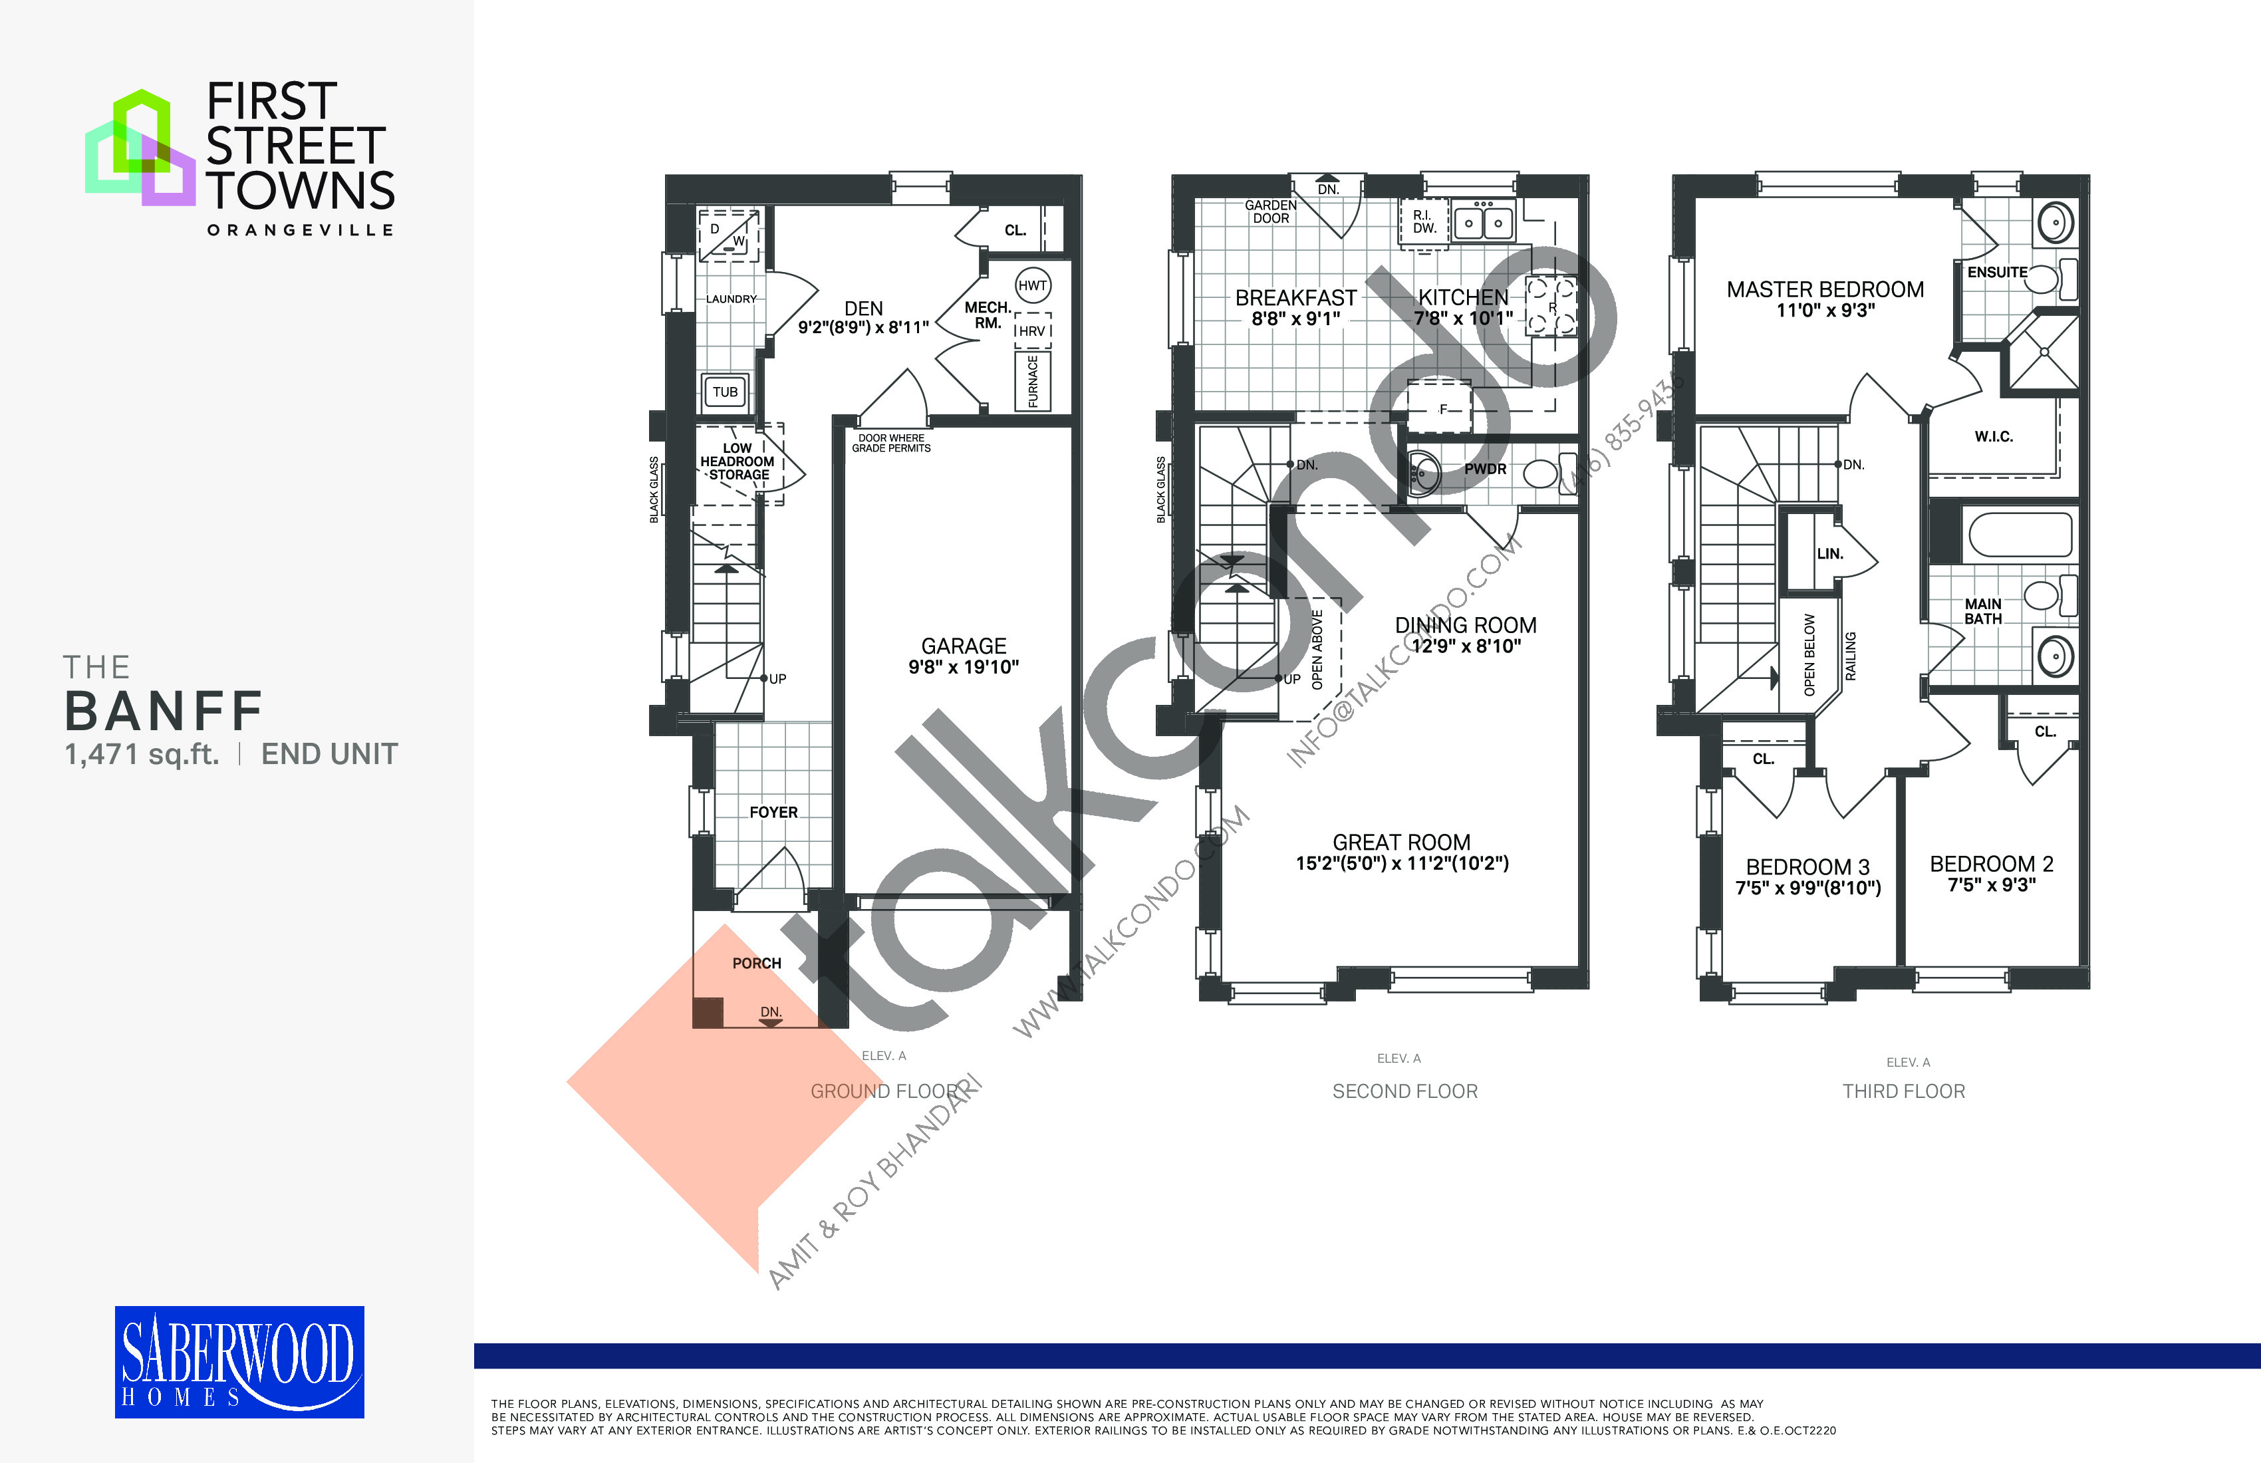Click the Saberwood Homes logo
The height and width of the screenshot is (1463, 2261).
pos(239,1361)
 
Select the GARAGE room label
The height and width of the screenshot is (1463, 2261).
pos(964,646)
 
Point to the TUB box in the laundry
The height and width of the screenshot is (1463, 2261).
pos(725,392)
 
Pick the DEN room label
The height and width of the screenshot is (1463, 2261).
pos(864,309)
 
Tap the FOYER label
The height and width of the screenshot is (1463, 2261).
pos(773,812)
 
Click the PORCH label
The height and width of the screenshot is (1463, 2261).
pos(756,964)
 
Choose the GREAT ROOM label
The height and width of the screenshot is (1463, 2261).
pos(1401,843)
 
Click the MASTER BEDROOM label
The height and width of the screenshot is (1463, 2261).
pos(1825,290)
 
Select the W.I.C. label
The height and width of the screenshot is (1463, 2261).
pos(1993,437)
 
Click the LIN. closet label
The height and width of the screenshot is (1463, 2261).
pos(1829,554)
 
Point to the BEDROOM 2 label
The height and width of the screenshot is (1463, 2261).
pos(1991,864)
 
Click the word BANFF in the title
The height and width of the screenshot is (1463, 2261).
pos(164,711)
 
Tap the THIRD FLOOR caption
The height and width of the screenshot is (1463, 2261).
pos(1904,1091)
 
